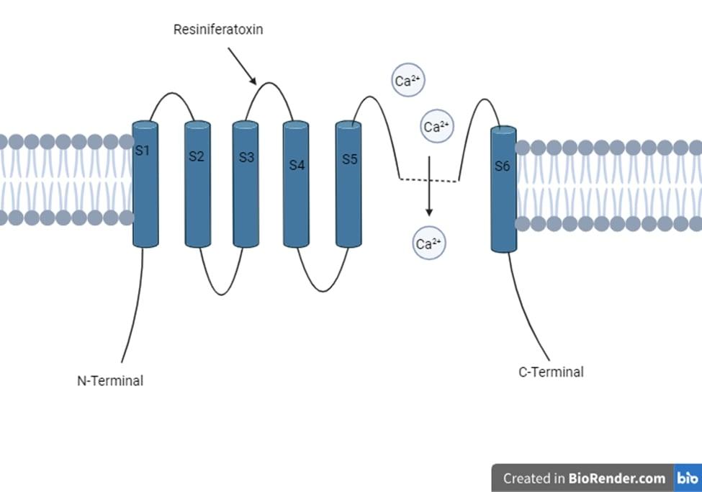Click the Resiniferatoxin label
(x=217, y=30)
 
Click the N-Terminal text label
(x=110, y=381)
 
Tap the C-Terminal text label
(x=551, y=372)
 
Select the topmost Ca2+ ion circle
(x=408, y=81)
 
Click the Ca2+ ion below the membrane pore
(x=428, y=243)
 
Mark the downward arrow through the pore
(x=429, y=187)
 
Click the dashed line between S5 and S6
(x=429, y=179)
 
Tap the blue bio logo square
(x=687, y=478)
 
